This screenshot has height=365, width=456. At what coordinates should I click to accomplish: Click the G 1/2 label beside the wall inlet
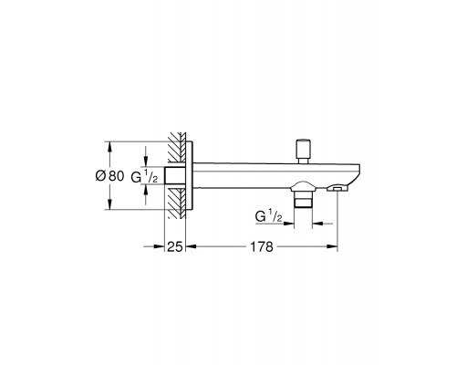pyautogui.click(x=140, y=175)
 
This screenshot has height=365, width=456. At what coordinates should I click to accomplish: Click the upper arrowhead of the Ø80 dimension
pyautogui.click(x=110, y=144)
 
